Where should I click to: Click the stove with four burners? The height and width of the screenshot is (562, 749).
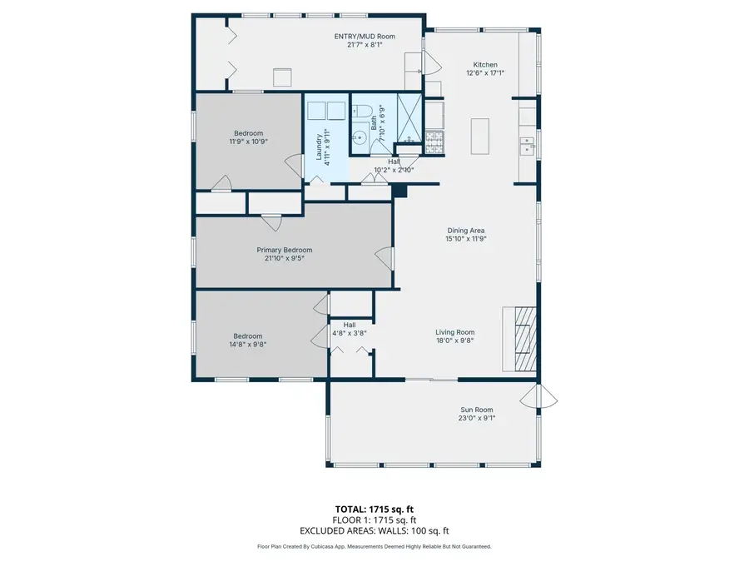434,142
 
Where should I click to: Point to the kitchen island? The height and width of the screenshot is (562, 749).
481,136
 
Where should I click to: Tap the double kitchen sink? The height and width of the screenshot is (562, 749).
527,147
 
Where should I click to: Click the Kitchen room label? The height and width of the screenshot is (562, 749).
485,65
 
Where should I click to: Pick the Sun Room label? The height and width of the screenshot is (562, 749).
477,410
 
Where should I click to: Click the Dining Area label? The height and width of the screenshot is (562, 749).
465,231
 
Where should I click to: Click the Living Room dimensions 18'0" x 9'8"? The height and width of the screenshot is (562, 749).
454,341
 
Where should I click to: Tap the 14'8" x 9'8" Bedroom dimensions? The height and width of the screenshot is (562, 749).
248,345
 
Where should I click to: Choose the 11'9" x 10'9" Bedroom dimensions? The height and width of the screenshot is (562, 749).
248,142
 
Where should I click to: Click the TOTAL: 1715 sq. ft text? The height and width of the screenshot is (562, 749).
374,509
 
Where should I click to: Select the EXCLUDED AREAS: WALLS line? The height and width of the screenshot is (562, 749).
374,530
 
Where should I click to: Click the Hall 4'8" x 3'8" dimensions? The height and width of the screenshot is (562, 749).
350,333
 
